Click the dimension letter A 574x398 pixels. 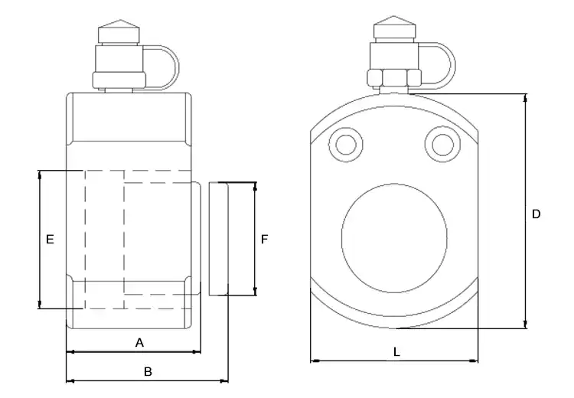(x=139, y=343)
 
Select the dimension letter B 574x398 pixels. (x=148, y=372)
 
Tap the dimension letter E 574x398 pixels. (x=50, y=240)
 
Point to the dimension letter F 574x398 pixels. (x=264, y=240)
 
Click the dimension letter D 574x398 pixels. (x=536, y=214)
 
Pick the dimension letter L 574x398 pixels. (x=396, y=352)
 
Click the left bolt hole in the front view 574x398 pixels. (x=346, y=144)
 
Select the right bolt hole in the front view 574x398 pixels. (x=442, y=144)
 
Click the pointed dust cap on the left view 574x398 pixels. (x=119, y=32)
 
